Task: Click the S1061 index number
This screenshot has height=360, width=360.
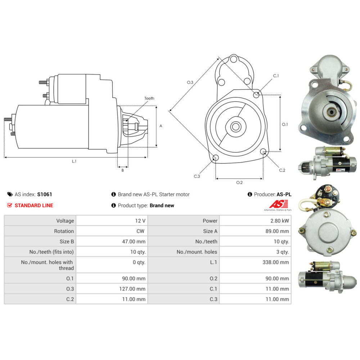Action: (45, 194)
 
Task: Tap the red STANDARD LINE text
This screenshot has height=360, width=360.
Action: (33, 206)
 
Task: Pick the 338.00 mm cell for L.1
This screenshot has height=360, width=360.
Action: (276, 262)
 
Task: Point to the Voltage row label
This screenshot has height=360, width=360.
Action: (65, 221)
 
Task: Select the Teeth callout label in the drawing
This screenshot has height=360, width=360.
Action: (149, 98)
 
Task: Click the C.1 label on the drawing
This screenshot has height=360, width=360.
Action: (276, 76)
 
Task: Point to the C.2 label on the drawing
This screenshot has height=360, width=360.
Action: (282, 170)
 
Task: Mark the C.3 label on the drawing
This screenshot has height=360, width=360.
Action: (197, 176)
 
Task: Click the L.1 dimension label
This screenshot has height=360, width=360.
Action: (74, 162)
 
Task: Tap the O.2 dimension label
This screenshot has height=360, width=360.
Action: (239, 183)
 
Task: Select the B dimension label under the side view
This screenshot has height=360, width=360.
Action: (122, 170)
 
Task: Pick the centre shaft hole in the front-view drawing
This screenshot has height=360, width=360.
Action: (236, 127)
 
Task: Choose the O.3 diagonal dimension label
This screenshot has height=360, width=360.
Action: (190, 82)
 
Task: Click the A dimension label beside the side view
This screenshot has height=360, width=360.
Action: (161, 126)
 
